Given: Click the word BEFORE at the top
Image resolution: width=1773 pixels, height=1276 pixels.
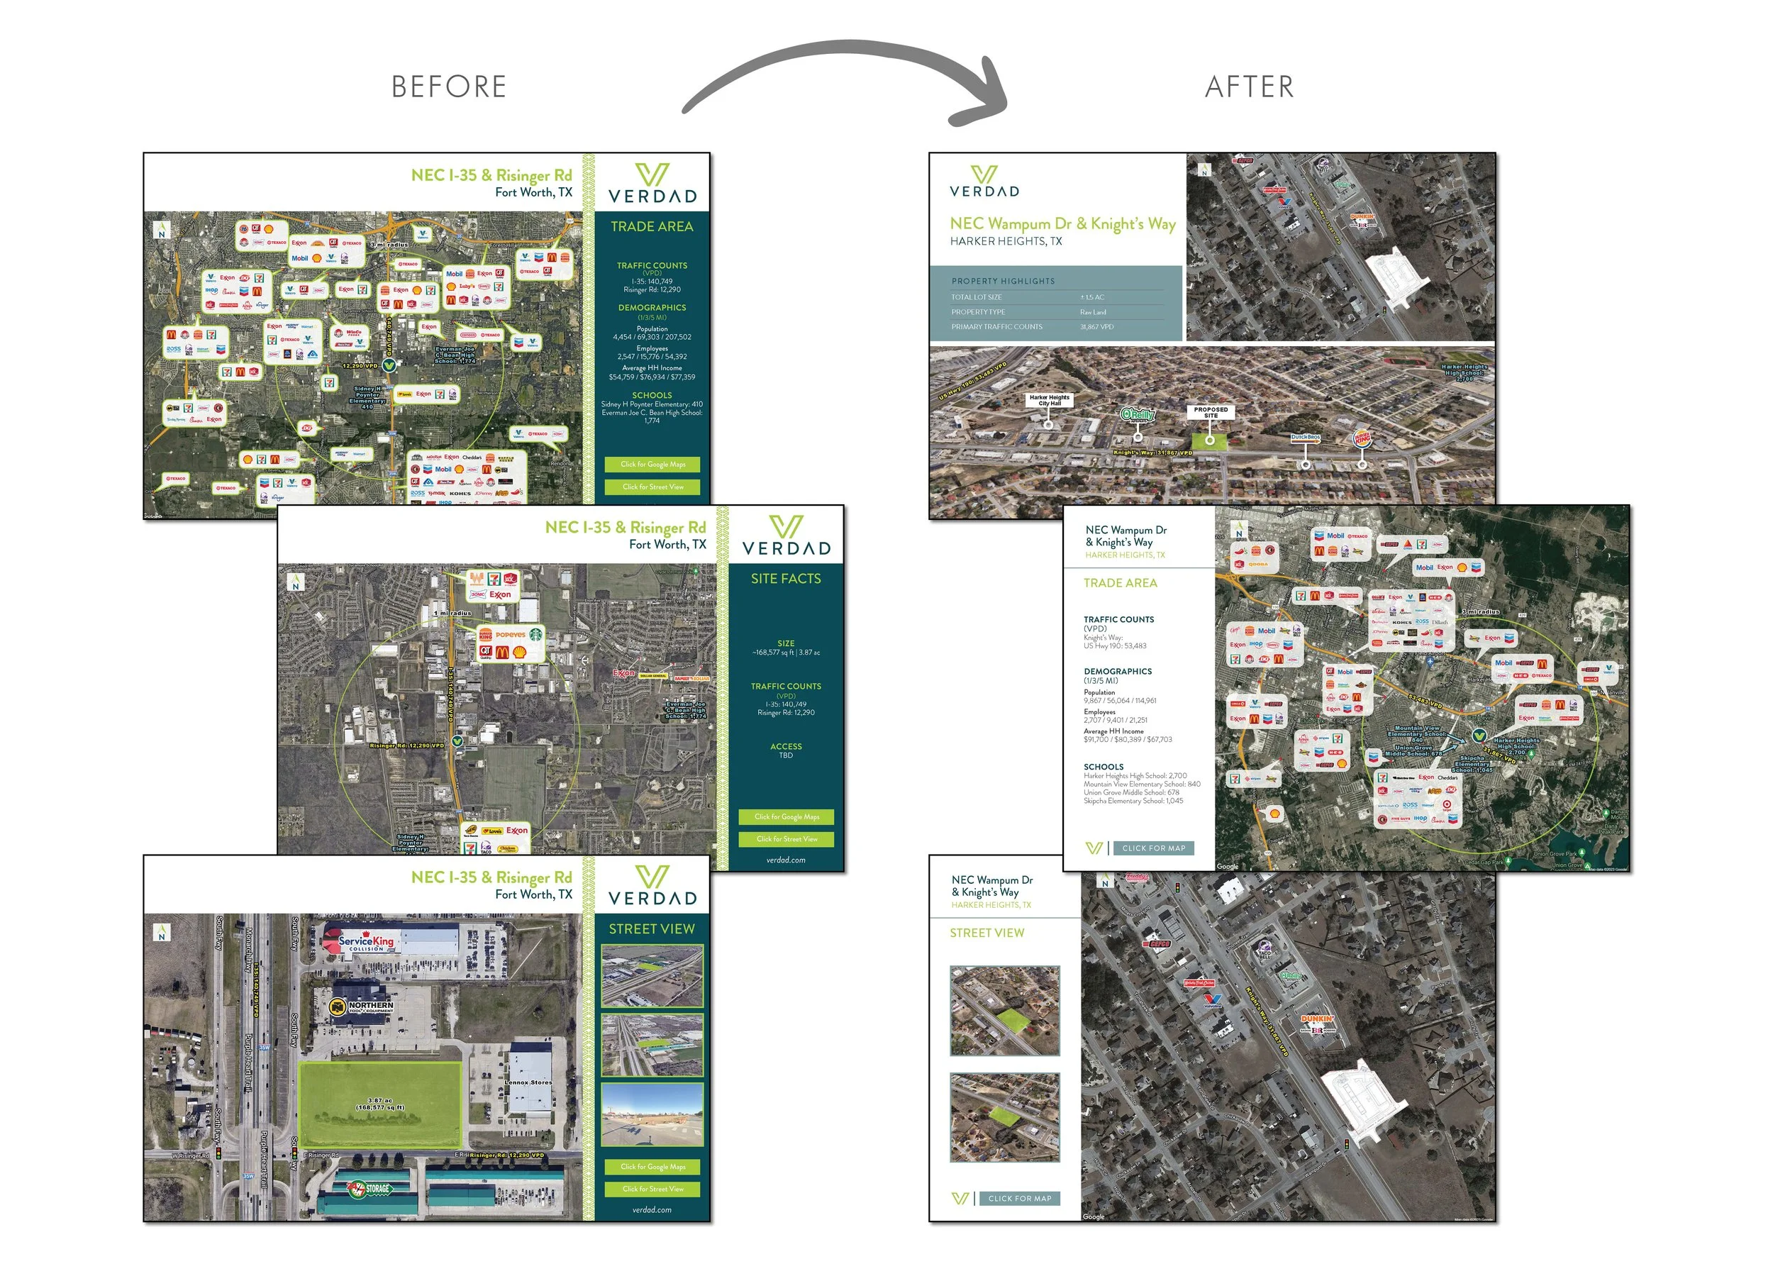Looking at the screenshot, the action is pos(449,87).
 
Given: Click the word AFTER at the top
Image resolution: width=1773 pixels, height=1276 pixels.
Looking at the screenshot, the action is pos(1249,87).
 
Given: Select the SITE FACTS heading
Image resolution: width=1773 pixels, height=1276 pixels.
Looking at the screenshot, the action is pos(786,579).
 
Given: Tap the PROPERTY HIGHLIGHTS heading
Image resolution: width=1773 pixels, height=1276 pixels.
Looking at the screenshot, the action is pos(1003,282).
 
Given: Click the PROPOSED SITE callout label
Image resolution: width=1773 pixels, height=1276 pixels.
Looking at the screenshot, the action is pos(1210,412).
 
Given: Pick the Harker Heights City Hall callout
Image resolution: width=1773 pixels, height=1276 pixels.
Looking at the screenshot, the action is pos(1049,400).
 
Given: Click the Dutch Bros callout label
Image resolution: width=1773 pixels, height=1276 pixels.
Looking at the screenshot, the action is pos(1305,438).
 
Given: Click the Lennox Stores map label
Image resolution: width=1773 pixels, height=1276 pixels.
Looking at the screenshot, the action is pos(528,1083).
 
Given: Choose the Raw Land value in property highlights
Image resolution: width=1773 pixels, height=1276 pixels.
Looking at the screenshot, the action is pos(1093,312).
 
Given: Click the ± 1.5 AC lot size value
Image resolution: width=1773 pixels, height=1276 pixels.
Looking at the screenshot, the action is pos(1092,297).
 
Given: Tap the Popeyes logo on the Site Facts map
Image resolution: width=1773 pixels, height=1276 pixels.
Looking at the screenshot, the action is pos(511,635).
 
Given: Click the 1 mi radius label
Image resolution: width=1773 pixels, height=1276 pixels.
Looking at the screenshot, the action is pos(452,614).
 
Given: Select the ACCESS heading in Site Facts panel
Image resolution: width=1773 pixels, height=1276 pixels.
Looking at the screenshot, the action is pos(786,747).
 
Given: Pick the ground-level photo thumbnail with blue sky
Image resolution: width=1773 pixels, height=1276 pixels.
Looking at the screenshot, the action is pos(652,1114).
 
